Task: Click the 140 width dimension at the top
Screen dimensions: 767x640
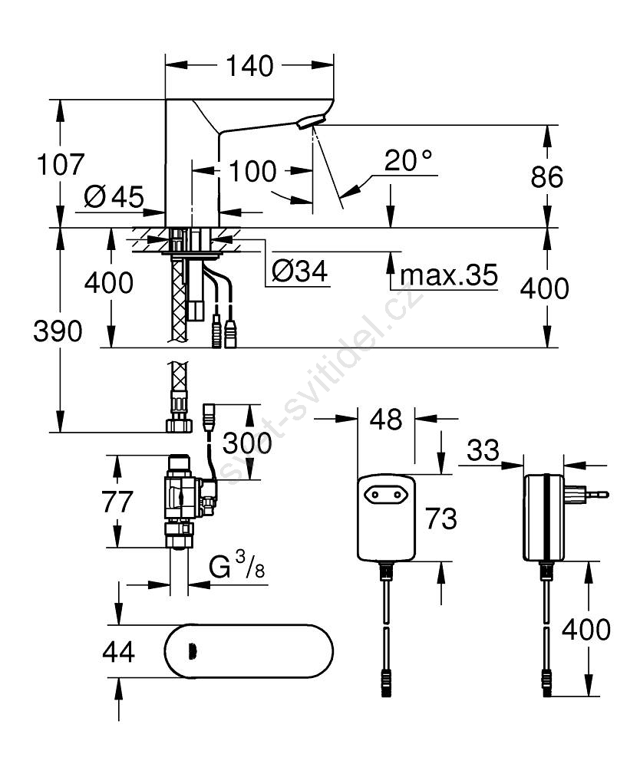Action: click(x=249, y=67)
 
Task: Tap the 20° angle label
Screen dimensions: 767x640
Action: click(x=408, y=160)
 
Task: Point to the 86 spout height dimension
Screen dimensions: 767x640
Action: click(x=546, y=176)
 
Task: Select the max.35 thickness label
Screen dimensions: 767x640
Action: click(x=449, y=274)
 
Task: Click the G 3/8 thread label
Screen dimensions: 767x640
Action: click(x=236, y=568)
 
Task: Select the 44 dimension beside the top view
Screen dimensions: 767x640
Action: click(x=118, y=652)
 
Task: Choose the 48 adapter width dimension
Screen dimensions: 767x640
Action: click(x=386, y=419)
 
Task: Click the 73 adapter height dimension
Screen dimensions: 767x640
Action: click(x=440, y=519)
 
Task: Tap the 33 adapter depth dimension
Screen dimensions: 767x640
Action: click(x=482, y=450)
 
